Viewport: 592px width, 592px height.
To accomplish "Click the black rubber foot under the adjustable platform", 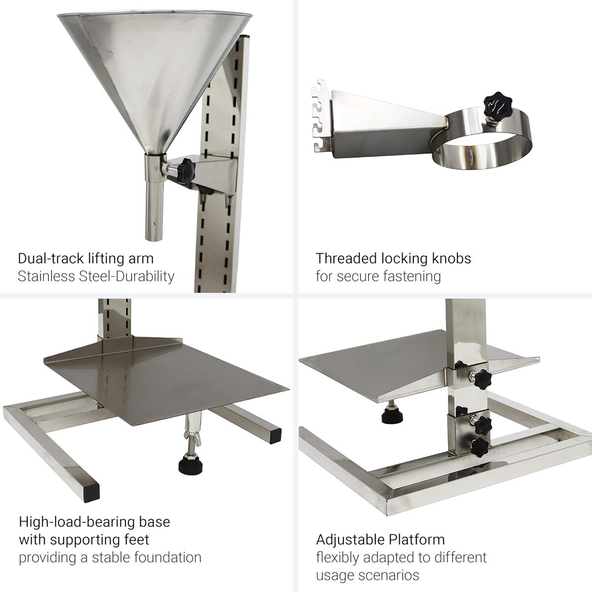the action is (x=392, y=417).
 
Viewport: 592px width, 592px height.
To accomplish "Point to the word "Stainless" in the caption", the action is (x=46, y=276).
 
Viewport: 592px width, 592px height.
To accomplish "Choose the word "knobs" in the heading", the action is (x=451, y=259).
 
